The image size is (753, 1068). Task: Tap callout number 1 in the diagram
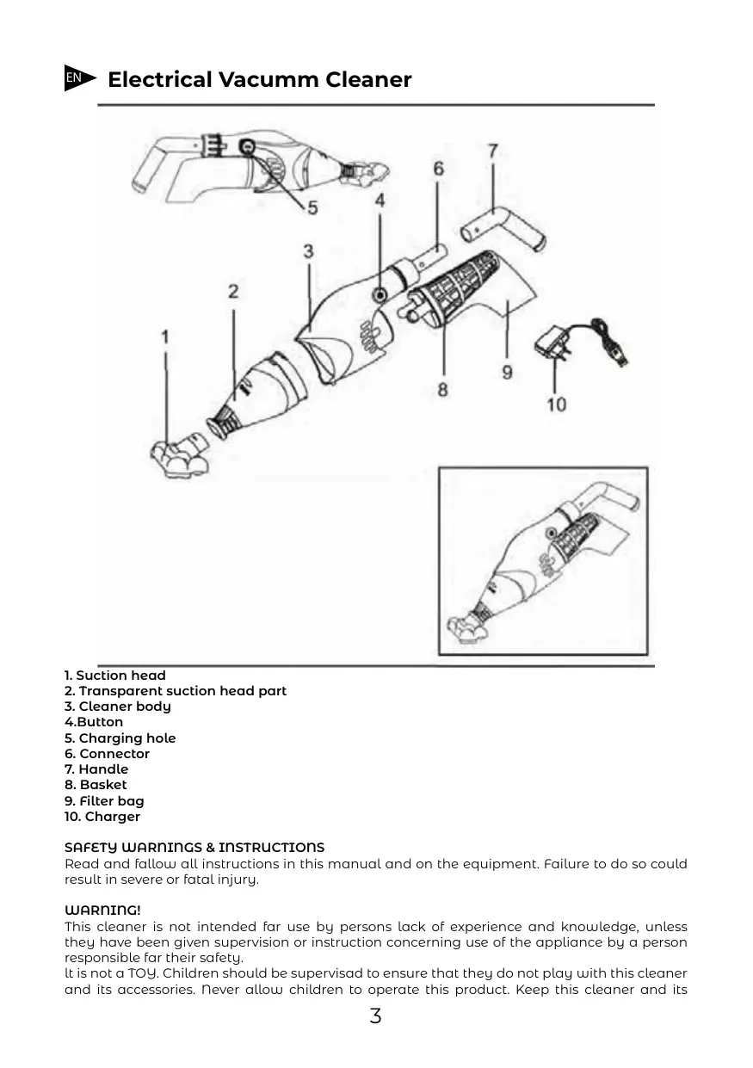[165, 336]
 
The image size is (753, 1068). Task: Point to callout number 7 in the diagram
[492, 151]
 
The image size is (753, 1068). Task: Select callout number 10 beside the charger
[557, 403]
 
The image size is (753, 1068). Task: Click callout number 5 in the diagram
[312, 207]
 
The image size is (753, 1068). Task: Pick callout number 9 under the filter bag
[507, 372]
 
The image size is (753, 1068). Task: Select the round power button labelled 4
[379, 295]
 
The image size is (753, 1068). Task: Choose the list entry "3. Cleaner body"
[118, 707]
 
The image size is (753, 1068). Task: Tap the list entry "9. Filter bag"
[104, 801]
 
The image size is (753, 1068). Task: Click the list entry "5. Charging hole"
[120, 738]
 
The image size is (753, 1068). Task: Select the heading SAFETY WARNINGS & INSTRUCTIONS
[194, 848]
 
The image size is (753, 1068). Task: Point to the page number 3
[375, 1016]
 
